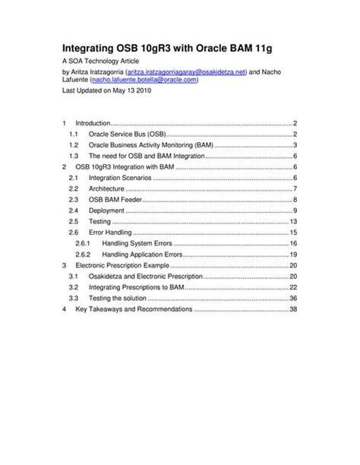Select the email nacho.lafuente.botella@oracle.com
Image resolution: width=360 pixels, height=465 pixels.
[x=144, y=79]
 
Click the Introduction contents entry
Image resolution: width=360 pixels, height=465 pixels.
[x=93, y=122]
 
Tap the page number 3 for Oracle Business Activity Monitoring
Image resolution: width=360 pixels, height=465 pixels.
[x=293, y=144]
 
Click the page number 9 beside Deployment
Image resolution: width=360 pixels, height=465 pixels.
[x=293, y=210]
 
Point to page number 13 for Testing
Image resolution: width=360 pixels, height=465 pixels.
[x=292, y=221]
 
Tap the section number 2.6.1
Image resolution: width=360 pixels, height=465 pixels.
[x=83, y=243]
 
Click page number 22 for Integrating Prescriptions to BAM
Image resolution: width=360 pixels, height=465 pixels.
[x=292, y=287]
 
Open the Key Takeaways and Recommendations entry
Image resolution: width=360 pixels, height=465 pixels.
[x=134, y=310]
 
